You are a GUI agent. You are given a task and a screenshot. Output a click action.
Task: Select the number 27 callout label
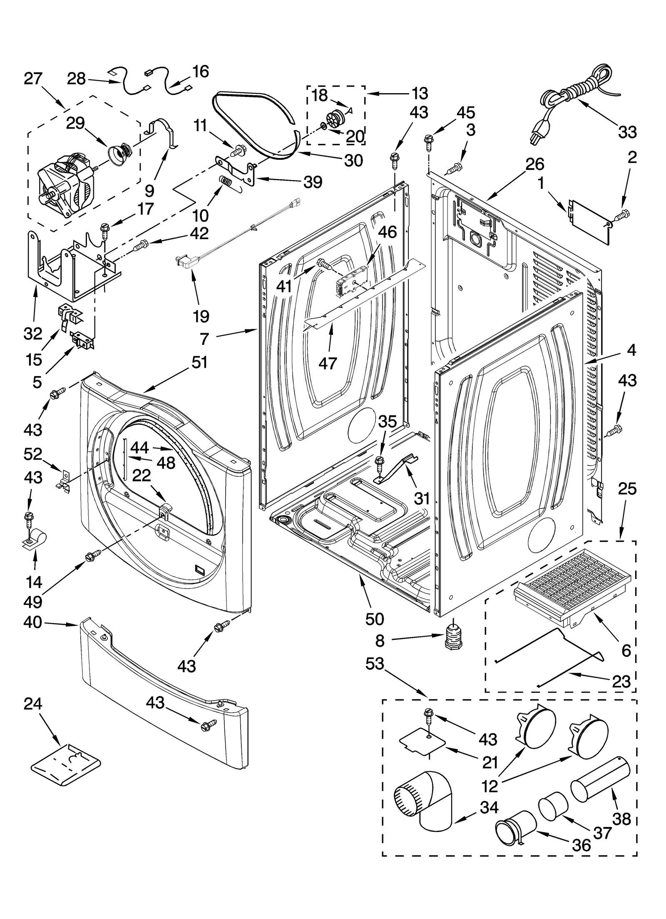(33, 79)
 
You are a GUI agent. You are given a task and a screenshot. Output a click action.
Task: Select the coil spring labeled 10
(227, 182)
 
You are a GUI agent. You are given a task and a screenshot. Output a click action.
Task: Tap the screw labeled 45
(429, 141)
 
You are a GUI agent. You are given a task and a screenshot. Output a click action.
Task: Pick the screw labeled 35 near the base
(379, 461)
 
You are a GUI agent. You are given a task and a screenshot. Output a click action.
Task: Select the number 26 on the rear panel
(534, 164)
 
